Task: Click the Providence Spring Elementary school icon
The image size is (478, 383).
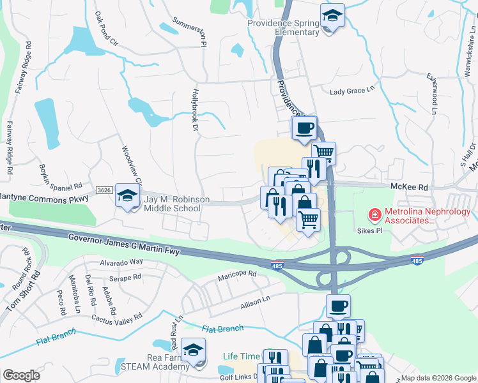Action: click(x=332, y=16)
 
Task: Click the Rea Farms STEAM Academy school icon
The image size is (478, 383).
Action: click(x=193, y=350)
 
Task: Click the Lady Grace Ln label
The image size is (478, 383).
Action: click(x=351, y=91)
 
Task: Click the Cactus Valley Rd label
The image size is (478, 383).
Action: click(x=116, y=317)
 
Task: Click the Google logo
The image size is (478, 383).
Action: click(x=22, y=375)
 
